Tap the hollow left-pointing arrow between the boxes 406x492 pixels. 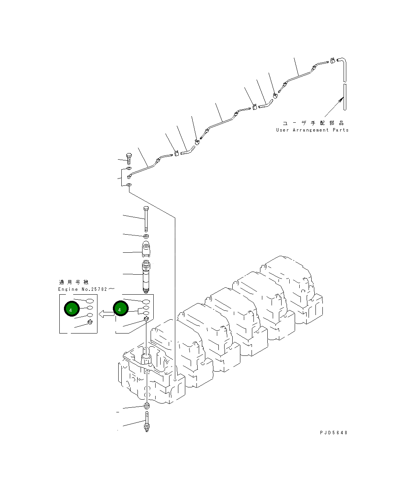coord(106,314)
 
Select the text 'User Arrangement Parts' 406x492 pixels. coord(312,130)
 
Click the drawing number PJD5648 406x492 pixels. coord(334,432)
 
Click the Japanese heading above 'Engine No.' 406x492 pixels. coord(73,282)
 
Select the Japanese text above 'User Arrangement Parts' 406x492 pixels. coord(313,123)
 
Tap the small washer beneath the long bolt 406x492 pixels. coord(146,235)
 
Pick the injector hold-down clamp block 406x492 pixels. coord(146,249)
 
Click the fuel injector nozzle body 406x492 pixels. coord(147,275)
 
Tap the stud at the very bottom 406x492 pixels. coord(147,422)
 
